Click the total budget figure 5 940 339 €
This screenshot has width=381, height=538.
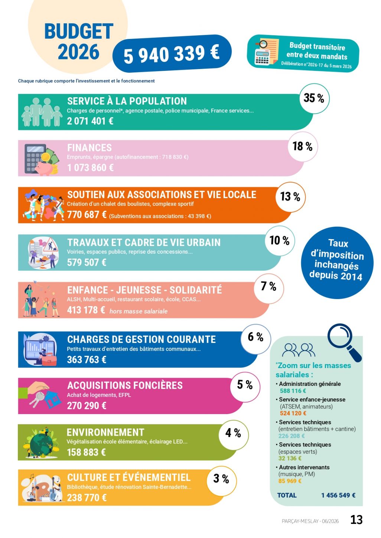pos(172,53)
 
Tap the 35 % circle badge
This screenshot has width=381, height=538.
pos(314,98)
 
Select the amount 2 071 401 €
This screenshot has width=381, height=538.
pos(90,121)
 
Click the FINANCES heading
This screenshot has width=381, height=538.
pos(89,148)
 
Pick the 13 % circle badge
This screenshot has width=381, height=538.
pos(290,197)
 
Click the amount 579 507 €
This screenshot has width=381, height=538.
pos(87,262)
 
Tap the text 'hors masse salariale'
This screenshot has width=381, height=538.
pos(139,311)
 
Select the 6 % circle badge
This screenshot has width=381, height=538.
pos(256,339)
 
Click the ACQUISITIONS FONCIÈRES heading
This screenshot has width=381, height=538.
pos(125,385)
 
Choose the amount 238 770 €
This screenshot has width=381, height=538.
pos(87,498)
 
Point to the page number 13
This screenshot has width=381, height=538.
pos(356,520)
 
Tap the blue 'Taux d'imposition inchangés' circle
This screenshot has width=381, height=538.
pos(337,263)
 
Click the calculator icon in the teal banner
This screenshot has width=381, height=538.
pos(262,57)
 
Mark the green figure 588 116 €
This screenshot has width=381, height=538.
pos(293,391)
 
